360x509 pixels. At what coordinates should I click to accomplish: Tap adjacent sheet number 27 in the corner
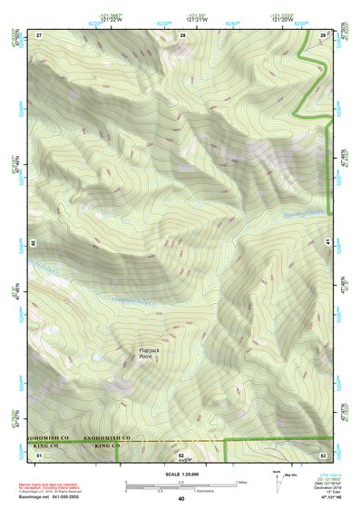tap(39, 34)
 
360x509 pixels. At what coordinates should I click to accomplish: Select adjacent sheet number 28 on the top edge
tap(182, 34)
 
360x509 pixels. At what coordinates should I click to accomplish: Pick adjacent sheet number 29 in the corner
tap(323, 34)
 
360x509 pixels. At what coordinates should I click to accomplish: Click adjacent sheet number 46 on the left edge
tap(32, 243)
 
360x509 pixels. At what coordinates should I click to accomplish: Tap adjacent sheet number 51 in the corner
tap(39, 454)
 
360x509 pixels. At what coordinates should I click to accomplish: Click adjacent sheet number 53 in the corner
tap(323, 454)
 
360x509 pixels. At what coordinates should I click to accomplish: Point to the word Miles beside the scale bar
tap(241, 482)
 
